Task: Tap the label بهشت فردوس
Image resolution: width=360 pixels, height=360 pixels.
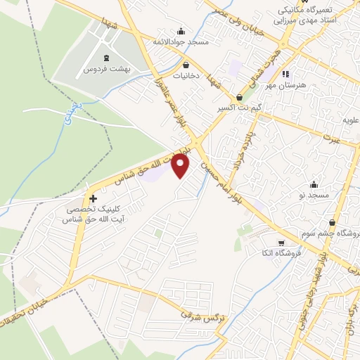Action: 99,70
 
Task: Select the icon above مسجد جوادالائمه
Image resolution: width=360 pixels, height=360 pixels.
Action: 181,30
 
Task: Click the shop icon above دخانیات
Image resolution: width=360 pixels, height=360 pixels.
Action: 186,63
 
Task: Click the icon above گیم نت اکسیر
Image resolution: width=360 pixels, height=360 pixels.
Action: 241,98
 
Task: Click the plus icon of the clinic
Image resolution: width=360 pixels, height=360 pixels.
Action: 93,199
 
